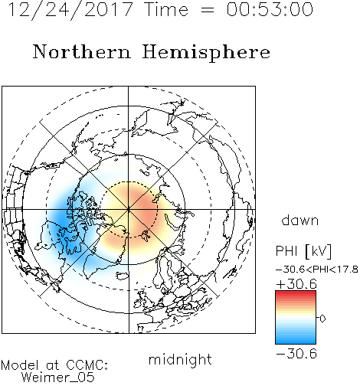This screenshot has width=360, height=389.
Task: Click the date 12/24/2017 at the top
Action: (70, 10)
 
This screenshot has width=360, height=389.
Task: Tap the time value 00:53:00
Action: (270, 9)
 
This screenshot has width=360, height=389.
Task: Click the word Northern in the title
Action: (82, 51)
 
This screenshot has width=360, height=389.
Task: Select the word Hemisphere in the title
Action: (206, 52)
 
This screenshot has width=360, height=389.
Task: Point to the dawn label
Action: (300, 220)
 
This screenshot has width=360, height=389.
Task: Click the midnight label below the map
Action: (180, 359)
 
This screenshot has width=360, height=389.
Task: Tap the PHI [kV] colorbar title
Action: (303, 251)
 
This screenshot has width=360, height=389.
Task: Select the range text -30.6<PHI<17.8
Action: (317, 270)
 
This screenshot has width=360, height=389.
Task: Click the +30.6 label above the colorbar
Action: (296, 284)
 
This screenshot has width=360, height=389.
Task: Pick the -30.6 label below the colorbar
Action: (296, 354)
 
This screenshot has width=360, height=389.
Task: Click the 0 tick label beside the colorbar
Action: (322, 319)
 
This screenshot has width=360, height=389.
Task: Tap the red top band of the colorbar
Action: (296, 294)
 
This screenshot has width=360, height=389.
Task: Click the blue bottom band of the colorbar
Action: (296, 340)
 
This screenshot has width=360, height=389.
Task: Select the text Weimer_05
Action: (58, 378)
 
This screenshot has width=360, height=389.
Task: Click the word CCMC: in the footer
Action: (87, 365)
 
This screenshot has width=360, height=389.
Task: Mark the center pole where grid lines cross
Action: (129, 209)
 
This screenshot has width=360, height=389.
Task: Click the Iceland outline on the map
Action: (123, 276)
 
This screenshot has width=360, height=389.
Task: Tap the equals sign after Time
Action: (207, 11)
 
